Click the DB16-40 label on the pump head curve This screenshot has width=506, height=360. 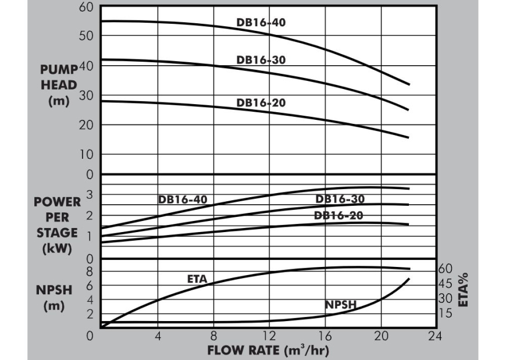pos(261,23)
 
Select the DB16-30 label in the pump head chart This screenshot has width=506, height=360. pos(261,59)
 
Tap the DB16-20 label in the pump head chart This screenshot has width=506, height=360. pos(261,102)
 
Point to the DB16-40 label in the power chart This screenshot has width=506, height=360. pos(183,199)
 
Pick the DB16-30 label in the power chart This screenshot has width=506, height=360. pos(340,199)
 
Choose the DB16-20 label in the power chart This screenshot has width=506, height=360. pos(338,215)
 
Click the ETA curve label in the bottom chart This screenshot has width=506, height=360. pos(197,278)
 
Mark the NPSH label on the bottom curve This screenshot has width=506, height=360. pos(340,305)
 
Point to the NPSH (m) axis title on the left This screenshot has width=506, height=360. pos(54,297)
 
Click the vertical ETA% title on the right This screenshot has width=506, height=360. pos(464,290)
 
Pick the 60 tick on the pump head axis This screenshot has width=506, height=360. pos(86,8)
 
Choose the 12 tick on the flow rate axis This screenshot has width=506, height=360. pos(269,336)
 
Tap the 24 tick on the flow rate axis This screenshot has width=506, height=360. pos(436,336)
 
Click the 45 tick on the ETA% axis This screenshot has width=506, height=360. pos(445,283)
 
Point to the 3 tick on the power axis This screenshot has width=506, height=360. pos(90,194)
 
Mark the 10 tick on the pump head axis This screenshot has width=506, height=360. pos(86,155)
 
